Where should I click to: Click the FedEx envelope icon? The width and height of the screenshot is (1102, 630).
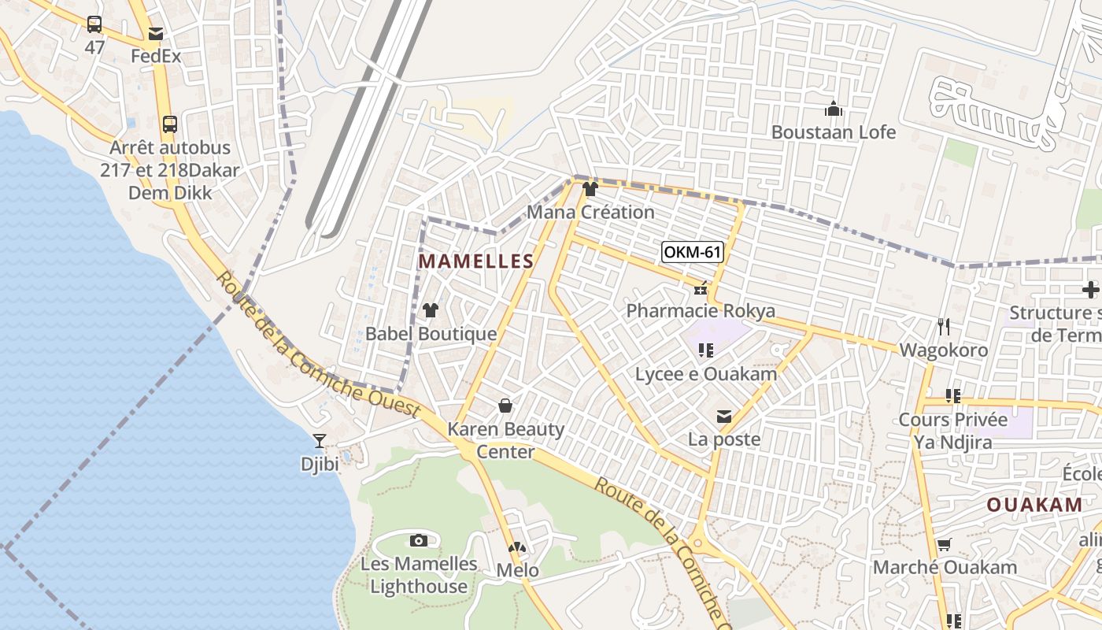(x=156, y=34)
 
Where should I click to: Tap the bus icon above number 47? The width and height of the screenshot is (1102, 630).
(x=94, y=24)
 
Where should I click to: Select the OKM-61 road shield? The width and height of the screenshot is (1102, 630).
(x=692, y=252)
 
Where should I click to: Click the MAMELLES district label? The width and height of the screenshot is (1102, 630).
(x=475, y=261)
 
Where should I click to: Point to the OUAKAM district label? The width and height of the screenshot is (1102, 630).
(x=1034, y=505)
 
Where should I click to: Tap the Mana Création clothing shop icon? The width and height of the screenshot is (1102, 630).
(x=590, y=189)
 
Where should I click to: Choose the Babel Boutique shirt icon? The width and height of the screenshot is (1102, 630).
(x=431, y=310)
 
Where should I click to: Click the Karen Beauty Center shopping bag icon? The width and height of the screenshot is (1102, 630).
(x=505, y=406)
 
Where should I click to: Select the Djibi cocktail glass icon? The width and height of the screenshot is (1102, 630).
(x=320, y=441)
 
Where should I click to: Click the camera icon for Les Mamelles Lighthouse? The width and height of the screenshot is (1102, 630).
(x=419, y=540)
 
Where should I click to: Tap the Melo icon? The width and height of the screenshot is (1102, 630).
(x=517, y=547)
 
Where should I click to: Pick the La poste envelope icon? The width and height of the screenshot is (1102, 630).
(x=724, y=417)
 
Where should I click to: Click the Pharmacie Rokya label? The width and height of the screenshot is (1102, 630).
(x=700, y=311)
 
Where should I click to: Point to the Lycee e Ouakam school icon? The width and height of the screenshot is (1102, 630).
(x=705, y=350)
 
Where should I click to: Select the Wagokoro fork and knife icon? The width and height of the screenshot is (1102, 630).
(x=944, y=326)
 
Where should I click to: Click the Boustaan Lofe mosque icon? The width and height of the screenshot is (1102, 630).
(x=833, y=109)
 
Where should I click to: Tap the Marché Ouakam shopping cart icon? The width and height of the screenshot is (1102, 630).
(x=944, y=544)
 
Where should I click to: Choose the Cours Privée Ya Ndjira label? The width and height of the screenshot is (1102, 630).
(x=953, y=431)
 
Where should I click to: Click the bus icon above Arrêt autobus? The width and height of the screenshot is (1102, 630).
(x=170, y=124)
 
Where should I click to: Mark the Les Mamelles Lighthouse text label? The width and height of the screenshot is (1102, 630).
(x=419, y=575)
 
